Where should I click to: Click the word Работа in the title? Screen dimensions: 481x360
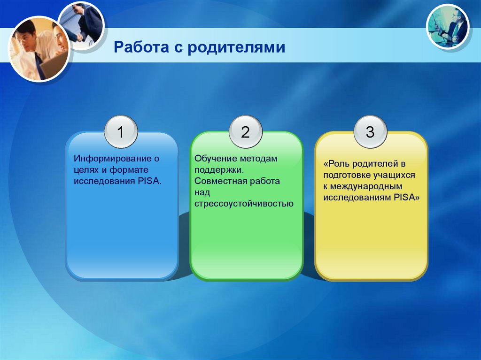click(141, 47)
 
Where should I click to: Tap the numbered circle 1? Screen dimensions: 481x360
click(121, 132)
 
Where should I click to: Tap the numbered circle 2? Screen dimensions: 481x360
click(245, 132)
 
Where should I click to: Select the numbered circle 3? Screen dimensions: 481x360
click(370, 132)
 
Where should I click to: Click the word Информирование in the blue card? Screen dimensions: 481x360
click(113, 159)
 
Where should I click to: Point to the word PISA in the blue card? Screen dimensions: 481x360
click(149, 181)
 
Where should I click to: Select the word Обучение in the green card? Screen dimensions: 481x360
click(216, 159)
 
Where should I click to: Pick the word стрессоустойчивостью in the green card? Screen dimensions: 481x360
click(244, 204)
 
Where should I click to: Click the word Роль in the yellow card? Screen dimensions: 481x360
click(336, 164)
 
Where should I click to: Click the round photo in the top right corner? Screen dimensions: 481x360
click(448, 27)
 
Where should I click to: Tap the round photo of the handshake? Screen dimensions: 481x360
click(82, 25)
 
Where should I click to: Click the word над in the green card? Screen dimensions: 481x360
click(202, 192)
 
